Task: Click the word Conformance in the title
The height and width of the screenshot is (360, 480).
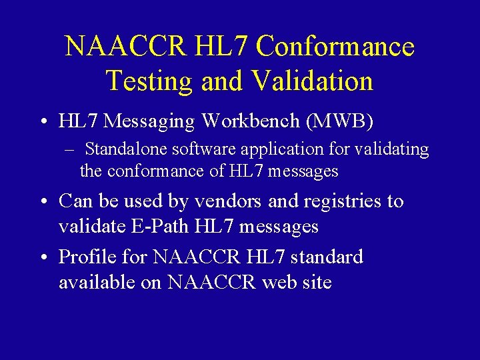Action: [335, 47]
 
